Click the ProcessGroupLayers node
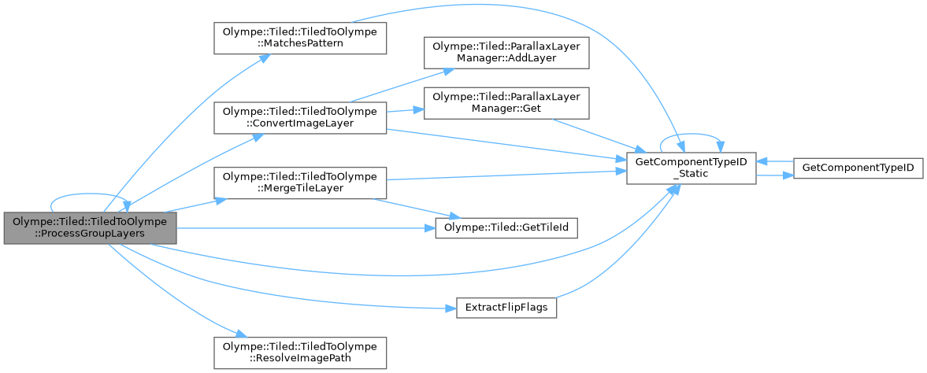(89, 228)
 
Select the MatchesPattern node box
(300, 39)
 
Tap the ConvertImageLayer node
(300, 116)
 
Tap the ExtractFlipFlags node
(506, 307)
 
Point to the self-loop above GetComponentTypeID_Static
(691, 137)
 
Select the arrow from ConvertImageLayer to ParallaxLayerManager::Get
(404, 110)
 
